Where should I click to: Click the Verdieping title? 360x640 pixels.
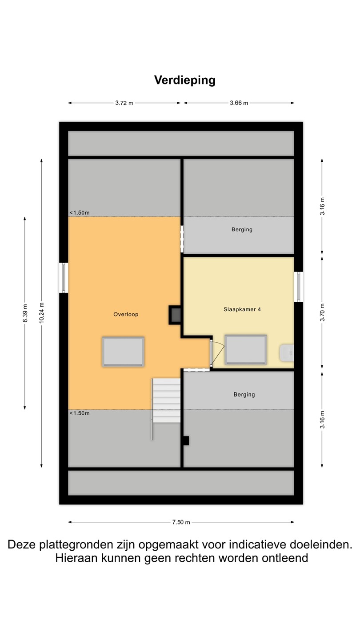click(185, 80)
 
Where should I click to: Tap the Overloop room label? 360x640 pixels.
click(126, 314)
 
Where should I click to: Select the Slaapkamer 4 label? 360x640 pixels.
click(242, 309)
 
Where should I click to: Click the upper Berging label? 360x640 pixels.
click(242, 229)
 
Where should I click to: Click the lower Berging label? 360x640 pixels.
click(244, 395)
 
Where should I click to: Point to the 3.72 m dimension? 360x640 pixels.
click(124, 103)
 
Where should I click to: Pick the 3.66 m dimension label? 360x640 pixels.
click(239, 103)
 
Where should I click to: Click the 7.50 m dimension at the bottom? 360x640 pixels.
click(181, 522)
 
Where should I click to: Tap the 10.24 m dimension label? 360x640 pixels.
click(41, 313)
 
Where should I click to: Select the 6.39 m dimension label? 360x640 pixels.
click(25, 313)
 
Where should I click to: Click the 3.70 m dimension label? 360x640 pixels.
click(322, 313)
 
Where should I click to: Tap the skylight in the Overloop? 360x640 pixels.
click(123, 352)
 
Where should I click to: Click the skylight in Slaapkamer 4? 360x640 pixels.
click(246, 350)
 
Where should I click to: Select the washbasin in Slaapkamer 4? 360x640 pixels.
click(287, 353)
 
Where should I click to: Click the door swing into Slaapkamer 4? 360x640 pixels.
click(217, 353)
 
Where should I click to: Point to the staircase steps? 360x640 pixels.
click(166, 400)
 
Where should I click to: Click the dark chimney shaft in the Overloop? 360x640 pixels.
click(175, 315)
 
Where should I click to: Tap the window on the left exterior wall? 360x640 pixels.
click(64, 278)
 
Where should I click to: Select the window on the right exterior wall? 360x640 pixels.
click(299, 287)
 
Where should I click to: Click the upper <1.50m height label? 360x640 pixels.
click(80, 213)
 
